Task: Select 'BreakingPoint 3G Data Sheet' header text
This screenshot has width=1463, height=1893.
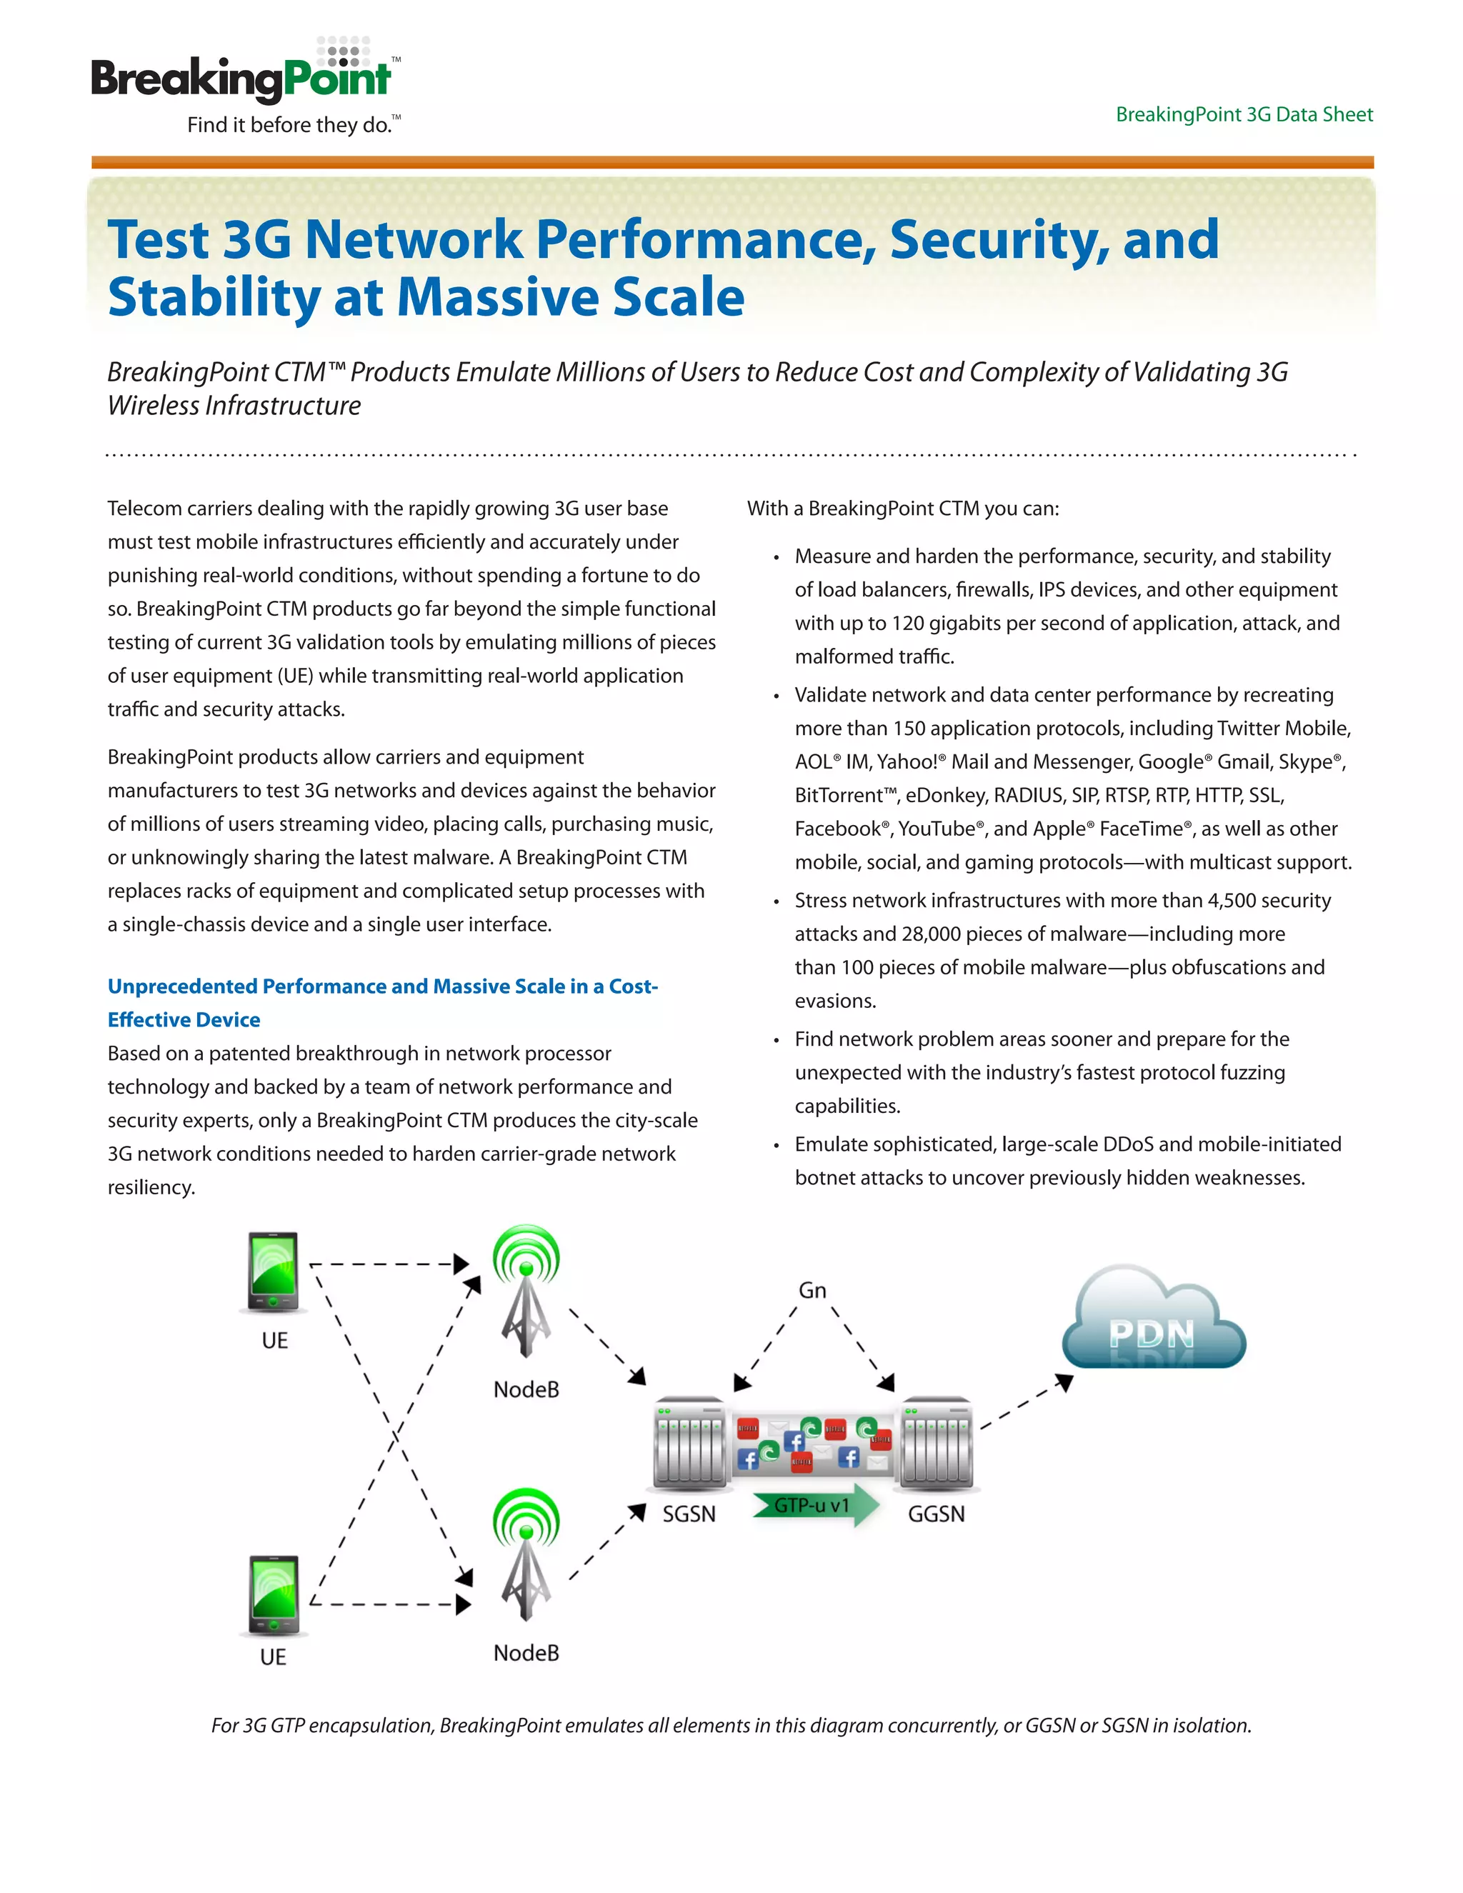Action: pyautogui.click(x=1244, y=114)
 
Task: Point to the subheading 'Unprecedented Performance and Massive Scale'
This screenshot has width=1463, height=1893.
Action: pyautogui.click(x=382, y=987)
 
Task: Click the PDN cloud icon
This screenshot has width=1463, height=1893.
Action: pyautogui.click(x=1153, y=1317)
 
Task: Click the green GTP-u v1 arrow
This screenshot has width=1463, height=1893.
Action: pyautogui.click(x=814, y=1507)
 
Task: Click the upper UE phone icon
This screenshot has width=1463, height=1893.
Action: pyautogui.click(x=273, y=1272)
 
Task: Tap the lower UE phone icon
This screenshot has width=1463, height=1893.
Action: pyautogui.click(x=273, y=1596)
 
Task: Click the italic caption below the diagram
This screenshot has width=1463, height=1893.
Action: pyautogui.click(x=731, y=1725)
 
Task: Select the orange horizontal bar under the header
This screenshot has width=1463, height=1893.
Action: pyautogui.click(x=731, y=162)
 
